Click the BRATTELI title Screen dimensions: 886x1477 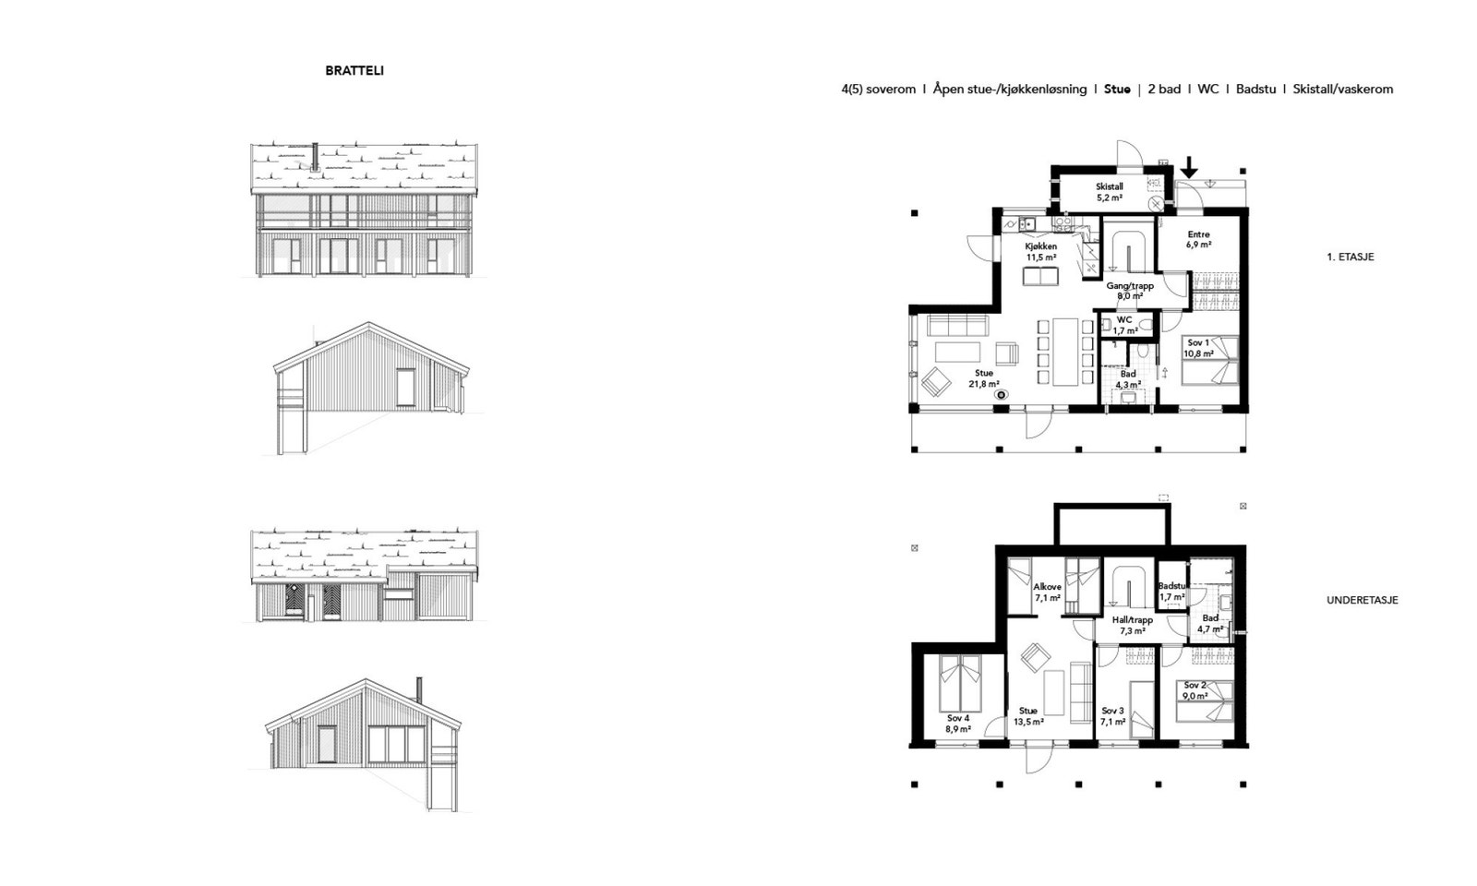(x=354, y=70)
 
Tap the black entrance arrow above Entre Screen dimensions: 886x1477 (x=1190, y=167)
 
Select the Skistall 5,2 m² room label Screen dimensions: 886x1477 (x=1110, y=192)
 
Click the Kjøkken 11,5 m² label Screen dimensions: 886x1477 (x=1040, y=252)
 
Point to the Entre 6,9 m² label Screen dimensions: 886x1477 (x=1198, y=240)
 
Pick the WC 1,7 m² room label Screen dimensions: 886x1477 (x=1124, y=325)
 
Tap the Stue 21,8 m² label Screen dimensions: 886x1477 (x=983, y=378)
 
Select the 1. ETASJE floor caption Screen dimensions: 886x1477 (x=1350, y=257)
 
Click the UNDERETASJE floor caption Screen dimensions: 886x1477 (x=1362, y=600)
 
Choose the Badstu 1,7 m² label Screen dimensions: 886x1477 (x=1171, y=592)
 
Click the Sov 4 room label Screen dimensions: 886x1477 (x=958, y=724)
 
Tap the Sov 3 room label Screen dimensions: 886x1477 (x=1112, y=716)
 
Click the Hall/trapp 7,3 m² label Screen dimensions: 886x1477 (x=1132, y=626)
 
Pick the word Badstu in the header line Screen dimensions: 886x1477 (x=1255, y=90)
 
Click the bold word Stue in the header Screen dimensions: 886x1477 (x=1117, y=90)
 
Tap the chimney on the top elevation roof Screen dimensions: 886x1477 (x=315, y=157)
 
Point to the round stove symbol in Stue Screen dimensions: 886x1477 (x=1002, y=394)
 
